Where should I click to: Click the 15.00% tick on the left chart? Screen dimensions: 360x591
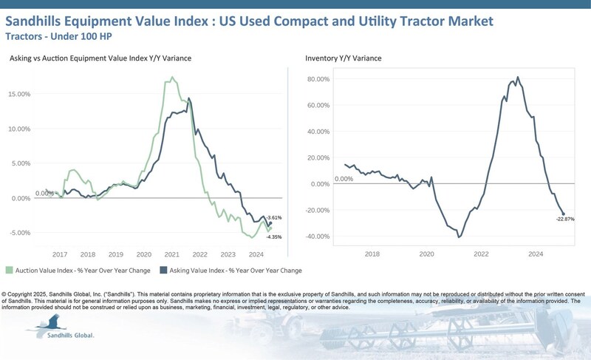click(21, 95)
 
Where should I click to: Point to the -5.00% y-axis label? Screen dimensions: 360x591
click(21, 233)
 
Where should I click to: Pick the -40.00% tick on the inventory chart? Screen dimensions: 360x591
click(318, 237)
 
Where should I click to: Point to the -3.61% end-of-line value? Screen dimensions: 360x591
click(274, 217)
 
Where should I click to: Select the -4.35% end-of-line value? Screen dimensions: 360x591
click(274, 237)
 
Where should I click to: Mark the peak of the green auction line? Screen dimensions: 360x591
click(172, 77)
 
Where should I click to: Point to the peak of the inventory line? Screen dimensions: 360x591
click(518, 77)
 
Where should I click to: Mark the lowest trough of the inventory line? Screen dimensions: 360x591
click(459, 237)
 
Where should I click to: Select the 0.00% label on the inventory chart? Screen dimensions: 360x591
click(344, 179)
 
